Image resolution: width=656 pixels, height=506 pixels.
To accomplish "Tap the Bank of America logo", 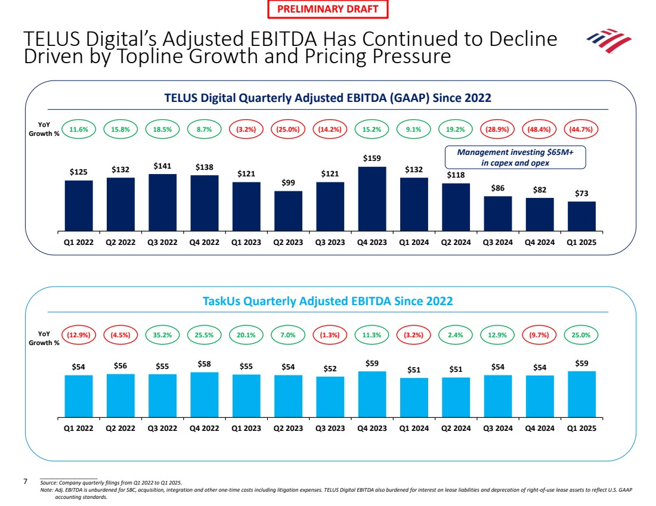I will pos(608,41).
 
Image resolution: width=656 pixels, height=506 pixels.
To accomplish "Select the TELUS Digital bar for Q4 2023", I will pos(372,198).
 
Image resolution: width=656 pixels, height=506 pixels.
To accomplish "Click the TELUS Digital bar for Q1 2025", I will pos(581,216).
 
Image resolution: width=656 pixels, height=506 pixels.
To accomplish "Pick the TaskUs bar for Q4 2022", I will pos(205,394).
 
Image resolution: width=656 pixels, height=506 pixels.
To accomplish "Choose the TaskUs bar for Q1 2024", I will pos(414,397).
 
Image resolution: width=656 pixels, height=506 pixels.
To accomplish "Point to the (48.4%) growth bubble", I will pos(540,129).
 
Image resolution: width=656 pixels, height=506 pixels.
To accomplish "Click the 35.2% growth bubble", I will pos(162,335).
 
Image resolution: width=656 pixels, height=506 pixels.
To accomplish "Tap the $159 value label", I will pos(372,158).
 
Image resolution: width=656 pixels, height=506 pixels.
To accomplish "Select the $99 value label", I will pos(288,183).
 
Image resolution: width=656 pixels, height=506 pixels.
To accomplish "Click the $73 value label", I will pos(581,193).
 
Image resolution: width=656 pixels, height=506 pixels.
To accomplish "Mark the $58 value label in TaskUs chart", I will pos(205,364).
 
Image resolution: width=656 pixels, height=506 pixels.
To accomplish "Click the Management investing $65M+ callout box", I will pos(515,157).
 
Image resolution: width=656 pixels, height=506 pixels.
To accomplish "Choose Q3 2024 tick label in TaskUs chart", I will pos(498,427).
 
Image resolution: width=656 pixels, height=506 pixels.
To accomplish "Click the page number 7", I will pos(25,480).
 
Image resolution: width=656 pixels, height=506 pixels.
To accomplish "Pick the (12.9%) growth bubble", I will pos(79,335).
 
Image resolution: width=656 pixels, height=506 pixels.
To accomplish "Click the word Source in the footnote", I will pos(49,482).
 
